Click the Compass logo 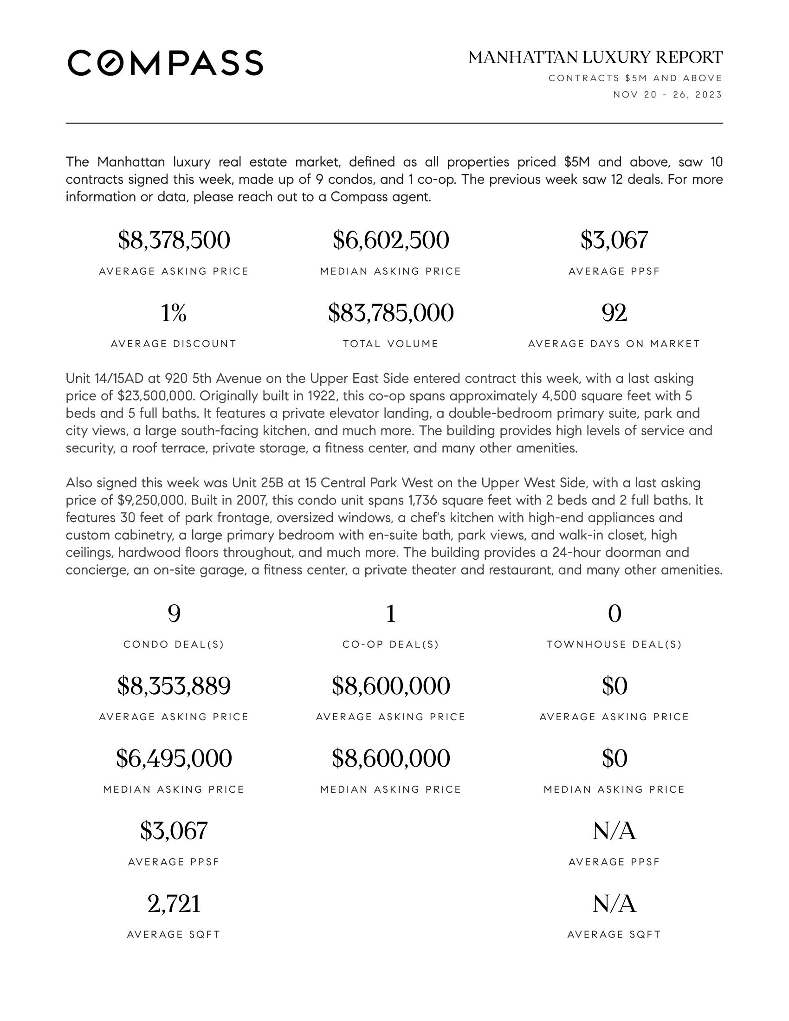click(x=165, y=63)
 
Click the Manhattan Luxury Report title click(x=595, y=58)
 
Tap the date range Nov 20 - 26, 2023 click(x=667, y=95)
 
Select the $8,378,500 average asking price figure click(x=174, y=240)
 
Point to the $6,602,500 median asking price click(x=391, y=240)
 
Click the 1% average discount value click(x=174, y=313)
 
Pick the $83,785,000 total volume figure click(x=391, y=313)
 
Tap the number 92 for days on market click(x=614, y=313)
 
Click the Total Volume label click(x=391, y=344)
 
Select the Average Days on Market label click(x=614, y=344)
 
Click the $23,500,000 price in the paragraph click(x=155, y=396)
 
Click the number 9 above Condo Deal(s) click(x=174, y=614)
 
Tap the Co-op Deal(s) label click(x=391, y=645)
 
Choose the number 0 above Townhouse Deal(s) click(x=614, y=614)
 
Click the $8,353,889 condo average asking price click(x=174, y=686)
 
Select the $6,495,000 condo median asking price click(x=174, y=759)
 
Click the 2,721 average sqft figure click(x=174, y=904)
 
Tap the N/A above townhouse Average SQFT click(x=614, y=904)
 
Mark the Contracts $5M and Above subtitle click(x=635, y=78)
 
